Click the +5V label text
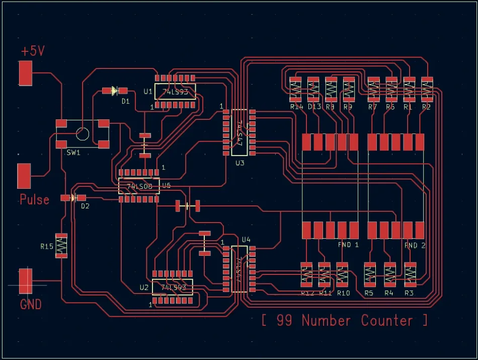33,51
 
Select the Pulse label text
34,199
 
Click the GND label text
31,305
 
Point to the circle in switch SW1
82,133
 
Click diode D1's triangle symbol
114,91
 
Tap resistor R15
61,245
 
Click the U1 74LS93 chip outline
175,92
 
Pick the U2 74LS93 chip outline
173,287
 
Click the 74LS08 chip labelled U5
139,186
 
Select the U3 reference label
240,163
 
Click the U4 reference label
246,239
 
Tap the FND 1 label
348,245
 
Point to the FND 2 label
415,245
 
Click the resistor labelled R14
295,90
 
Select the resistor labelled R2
427,90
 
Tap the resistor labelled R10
343,275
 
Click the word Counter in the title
386,320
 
